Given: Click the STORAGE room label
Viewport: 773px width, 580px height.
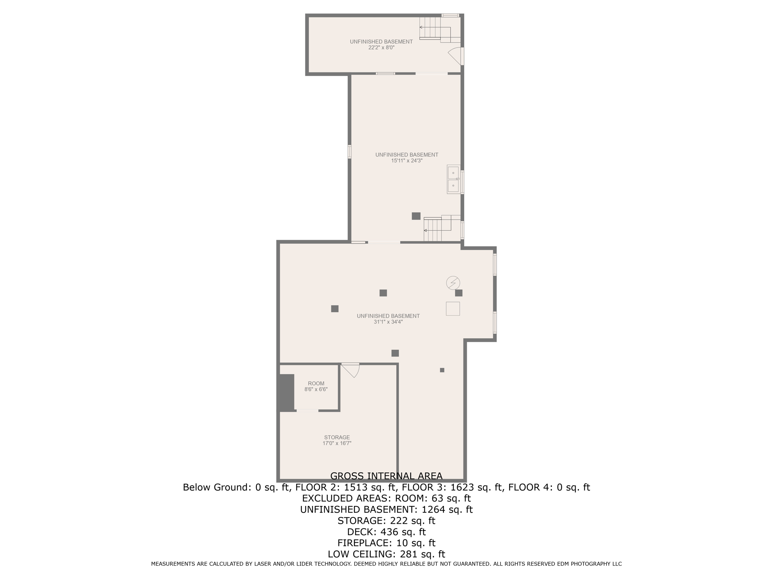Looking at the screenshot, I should pos(337,437).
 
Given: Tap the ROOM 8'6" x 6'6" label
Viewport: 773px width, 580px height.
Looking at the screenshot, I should pos(316,386).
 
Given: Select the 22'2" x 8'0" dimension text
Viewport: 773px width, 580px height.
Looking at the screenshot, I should pos(381,48).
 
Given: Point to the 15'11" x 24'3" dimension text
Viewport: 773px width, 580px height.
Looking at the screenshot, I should pos(407,160).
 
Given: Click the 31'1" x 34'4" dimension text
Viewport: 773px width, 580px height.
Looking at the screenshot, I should pos(388,322).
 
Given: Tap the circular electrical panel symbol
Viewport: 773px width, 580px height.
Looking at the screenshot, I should pos(453,282).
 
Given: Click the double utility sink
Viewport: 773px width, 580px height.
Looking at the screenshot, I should pos(453,179).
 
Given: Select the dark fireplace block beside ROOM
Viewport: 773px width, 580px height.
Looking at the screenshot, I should pos(286,392).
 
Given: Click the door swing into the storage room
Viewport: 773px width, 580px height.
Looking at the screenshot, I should pos(351,370).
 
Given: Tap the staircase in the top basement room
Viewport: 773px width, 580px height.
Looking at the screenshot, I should pos(434,28).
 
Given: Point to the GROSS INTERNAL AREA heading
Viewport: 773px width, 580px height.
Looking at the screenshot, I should pos(386,476).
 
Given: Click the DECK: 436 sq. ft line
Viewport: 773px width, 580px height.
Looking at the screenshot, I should pos(386,532).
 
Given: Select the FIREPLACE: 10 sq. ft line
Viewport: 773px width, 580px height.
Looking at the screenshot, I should pos(386,543).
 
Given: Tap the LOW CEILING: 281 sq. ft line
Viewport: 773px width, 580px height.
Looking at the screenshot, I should pos(386,554).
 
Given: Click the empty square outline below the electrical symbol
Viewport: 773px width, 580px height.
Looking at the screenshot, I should pos(453,309).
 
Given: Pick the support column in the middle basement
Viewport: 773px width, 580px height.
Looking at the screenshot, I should pos(416,216).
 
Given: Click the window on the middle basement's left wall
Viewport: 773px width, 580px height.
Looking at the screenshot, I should pos(350,151).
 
